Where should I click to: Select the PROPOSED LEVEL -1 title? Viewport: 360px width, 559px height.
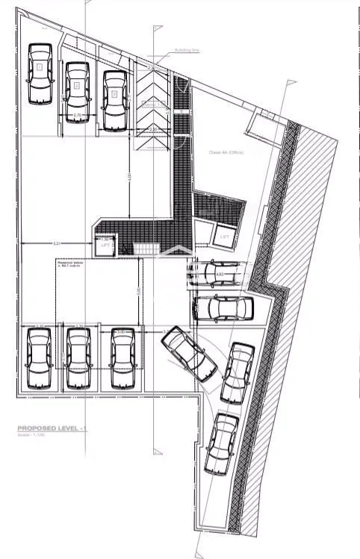point(53,428)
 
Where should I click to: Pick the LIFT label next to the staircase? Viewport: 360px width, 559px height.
point(104,244)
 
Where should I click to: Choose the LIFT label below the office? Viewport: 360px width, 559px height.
point(225,237)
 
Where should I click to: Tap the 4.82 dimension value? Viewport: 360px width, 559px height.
point(220,275)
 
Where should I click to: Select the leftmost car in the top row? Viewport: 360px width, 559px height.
point(39,74)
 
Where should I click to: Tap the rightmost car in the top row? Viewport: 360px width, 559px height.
point(114,99)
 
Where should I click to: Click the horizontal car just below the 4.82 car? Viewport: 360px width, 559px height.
point(222,307)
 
